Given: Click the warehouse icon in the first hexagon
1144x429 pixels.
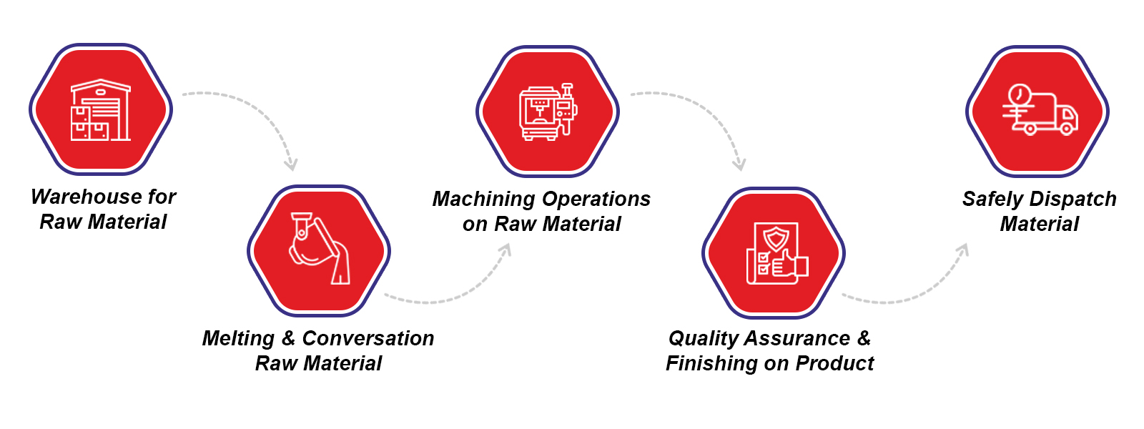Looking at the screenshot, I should pyautogui.click(x=101, y=110).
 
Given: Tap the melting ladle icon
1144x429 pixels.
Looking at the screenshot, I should pyautogui.click(x=320, y=249).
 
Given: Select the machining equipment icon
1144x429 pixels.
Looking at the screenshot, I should pyautogui.click(x=548, y=112).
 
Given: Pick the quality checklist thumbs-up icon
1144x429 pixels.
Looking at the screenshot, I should pyautogui.click(x=776, y=254).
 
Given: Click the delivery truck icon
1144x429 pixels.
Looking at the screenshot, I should pyautogui.click(x=1039, y=111).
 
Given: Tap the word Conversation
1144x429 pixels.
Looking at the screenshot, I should pyautogui.click(x=368, y=338).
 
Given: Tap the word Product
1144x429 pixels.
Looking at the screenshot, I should pyautogui.click(x=834, y=363).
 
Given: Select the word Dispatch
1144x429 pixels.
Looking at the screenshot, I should pyautogui.click(x=1073, y=199).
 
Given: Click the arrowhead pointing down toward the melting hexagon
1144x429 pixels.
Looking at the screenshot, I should pyautogui.click(x=290, y=164).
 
